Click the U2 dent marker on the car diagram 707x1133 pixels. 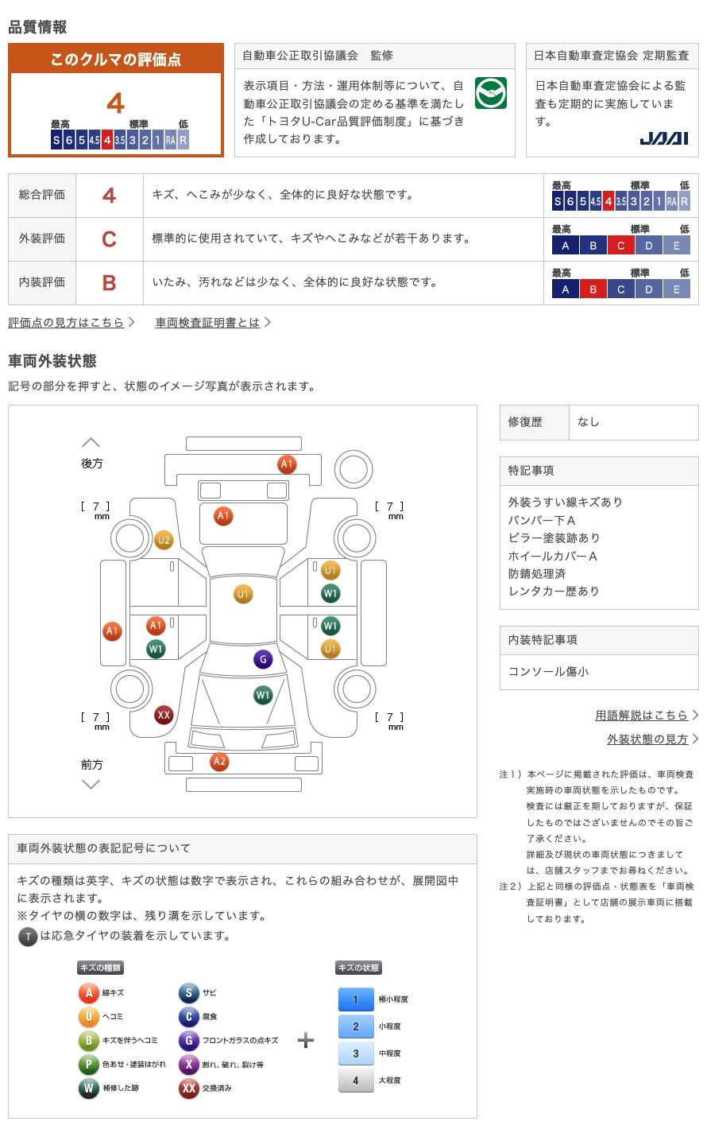[164, 540]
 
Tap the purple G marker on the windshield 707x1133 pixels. [263, 659]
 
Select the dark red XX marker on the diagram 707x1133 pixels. [164, 715]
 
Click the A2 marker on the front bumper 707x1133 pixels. [219, 762]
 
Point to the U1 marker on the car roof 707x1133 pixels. [243, 594]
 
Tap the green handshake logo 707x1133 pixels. [491, 94]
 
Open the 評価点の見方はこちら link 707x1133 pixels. [67, 322]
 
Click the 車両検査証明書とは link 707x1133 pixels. [208, 322]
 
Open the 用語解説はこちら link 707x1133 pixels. [641, 715]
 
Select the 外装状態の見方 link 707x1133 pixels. [647, 739]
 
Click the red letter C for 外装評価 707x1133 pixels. [110, 239]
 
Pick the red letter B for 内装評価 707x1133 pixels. [110, 282]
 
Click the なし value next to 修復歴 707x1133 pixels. [589, 422]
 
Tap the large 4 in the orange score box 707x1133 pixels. [115, 103]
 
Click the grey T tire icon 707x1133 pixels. [28, 937]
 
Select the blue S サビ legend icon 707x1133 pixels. [189, 992]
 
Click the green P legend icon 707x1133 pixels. [88, 1064]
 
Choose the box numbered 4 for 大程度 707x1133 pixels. [356, 1081]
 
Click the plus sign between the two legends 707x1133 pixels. [306, 1040]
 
